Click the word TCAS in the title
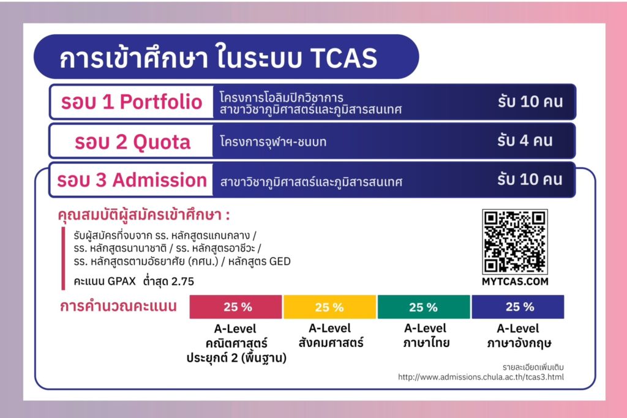point(344,58)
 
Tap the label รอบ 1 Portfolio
point(132,102)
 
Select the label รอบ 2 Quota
point(132,142)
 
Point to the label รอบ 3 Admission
point(132,180)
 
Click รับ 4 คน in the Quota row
point(525,141)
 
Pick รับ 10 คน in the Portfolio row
point(530,102)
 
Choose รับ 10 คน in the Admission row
point(530,179)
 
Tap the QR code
point(515,241)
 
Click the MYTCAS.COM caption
point(515,282)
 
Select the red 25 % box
point(236,307)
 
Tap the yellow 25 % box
point(330,307)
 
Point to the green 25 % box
point(424,307)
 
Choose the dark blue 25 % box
point(518,307)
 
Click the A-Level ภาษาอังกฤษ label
point(518,336)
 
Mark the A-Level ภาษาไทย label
point(426,336)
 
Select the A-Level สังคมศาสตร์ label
point(330,336)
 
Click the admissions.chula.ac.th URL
point(481,377)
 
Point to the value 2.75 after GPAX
point(182,282)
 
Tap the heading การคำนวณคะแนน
point(118,306)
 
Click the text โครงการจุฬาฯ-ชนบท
point(273,141)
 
